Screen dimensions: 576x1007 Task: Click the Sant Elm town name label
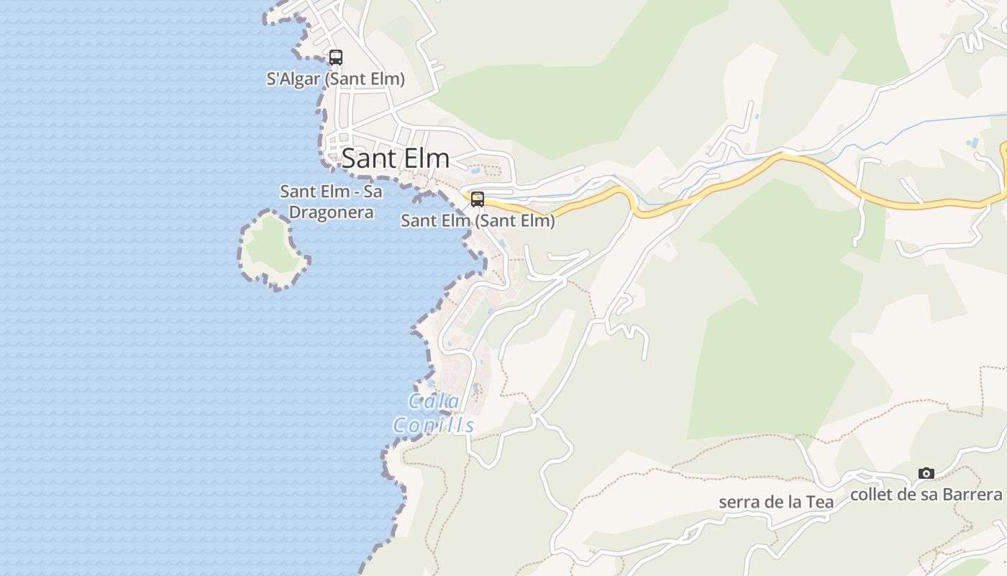(x=395, y=158)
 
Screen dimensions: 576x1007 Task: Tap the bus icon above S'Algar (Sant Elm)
(x=335, y=58)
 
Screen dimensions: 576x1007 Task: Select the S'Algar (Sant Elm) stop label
(x=335, y=79)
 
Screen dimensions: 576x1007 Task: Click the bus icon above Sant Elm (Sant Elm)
(x=478, y=199)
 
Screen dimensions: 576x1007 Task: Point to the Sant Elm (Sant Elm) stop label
(x=478, y=221)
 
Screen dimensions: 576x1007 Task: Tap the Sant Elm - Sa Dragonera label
(x=331, y=202)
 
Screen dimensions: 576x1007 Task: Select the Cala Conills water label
(x=434, y=413)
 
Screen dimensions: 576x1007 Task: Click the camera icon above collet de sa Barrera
(x=926, y=473)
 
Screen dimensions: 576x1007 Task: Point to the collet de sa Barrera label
(x=926, y=495)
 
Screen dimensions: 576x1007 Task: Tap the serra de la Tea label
(x=776, y=502)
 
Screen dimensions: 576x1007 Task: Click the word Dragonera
(x=331, y=212)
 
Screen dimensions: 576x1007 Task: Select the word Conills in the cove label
(x=434, y=426)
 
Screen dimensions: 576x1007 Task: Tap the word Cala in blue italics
(x=434, y=401)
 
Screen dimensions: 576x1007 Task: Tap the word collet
(x=872, y=495)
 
